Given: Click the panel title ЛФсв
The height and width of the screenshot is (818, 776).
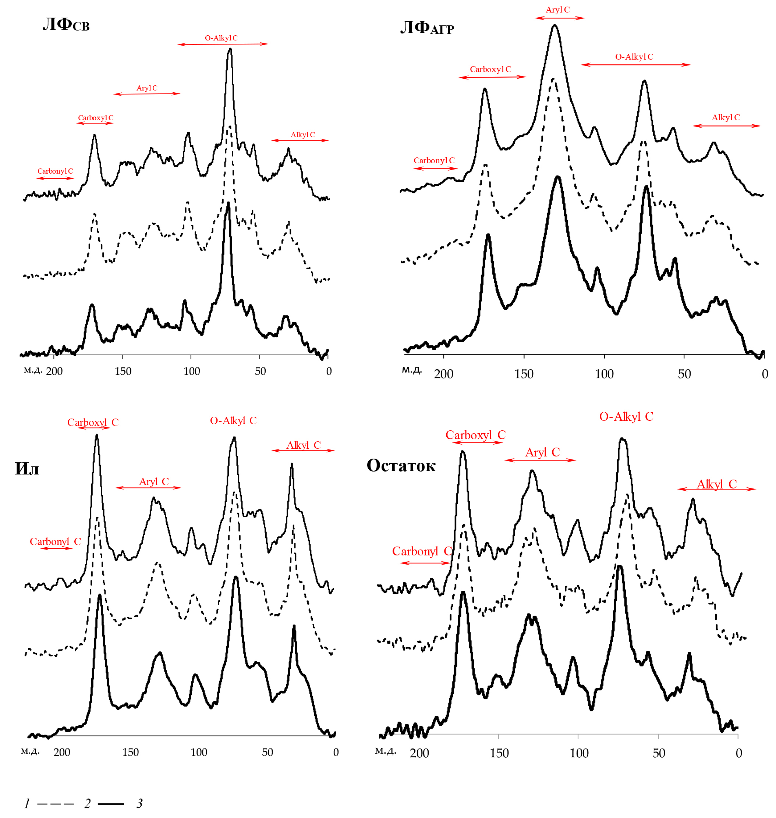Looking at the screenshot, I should point(66,24).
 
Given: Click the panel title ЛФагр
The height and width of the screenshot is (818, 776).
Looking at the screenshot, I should point(427,28).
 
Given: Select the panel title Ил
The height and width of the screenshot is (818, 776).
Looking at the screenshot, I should point(27,469).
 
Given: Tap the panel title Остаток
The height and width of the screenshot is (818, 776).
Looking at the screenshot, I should point(401,466).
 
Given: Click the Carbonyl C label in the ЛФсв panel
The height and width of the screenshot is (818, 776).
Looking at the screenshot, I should point(55,171).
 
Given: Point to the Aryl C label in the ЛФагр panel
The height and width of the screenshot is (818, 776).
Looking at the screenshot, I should point(557,10).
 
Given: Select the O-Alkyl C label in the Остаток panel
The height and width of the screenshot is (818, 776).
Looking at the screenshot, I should point(626,416).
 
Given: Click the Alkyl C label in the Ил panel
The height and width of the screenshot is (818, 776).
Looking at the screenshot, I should point(303,445).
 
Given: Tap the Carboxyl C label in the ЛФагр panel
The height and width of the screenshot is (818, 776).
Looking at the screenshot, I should point(490,69).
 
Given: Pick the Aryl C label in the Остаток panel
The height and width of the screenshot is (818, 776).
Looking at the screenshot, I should point(542,452).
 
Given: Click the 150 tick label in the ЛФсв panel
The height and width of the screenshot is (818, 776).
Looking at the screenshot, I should point(123,371).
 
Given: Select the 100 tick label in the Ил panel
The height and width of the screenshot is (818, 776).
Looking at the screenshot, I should point(199,752).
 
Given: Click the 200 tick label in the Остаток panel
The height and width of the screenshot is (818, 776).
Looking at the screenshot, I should point(419,753).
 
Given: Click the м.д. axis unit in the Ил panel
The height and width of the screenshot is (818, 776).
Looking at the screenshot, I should point(30,751).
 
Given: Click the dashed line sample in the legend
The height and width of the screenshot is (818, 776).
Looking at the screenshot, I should point(56,804).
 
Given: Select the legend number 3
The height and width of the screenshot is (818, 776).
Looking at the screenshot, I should point(139,804).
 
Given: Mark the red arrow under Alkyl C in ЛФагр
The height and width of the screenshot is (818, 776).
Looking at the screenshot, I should point(726,126).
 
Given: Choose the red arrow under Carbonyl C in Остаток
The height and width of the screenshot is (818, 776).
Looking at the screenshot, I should point(425,563).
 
